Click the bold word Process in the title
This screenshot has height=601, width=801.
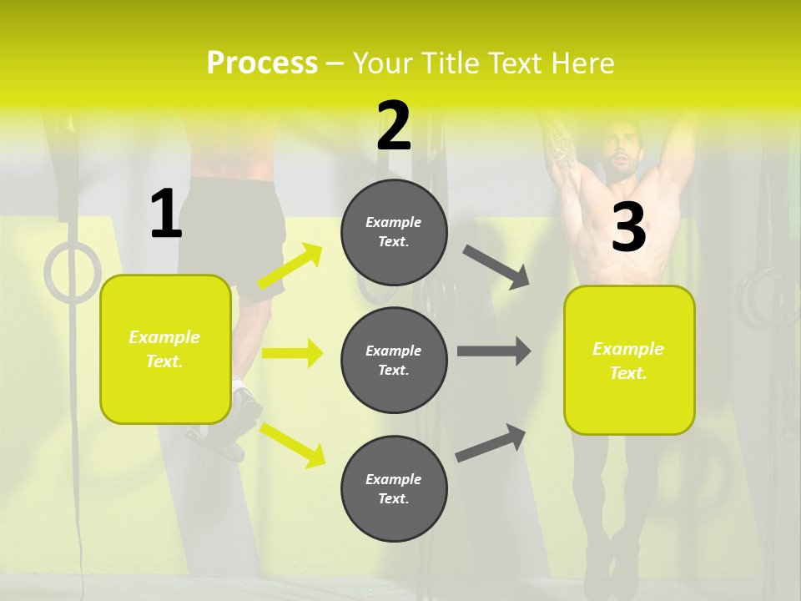pos(262,63)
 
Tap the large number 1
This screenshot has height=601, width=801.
pos(165,215)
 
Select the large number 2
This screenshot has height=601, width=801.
pos(394,125)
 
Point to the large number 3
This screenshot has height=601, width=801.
pos(628,228)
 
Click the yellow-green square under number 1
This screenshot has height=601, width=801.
pos(165,349)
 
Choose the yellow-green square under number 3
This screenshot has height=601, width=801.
pos(629,360)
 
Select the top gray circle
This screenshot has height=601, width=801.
pos(394,232)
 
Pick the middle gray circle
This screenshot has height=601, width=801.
pos(394,360)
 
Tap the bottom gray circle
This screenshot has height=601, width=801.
pos(394,488)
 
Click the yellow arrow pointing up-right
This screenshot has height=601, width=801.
pos(290,267)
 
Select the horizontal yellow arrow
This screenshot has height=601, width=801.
pos(291,353)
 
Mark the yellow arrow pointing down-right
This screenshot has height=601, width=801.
pos(292,444)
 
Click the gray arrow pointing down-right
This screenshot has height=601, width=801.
pos(496,267)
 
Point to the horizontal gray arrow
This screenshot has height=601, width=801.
pos(493,351)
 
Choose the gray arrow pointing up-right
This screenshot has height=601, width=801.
pos(491,442)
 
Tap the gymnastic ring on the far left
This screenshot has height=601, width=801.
pos(72,272)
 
